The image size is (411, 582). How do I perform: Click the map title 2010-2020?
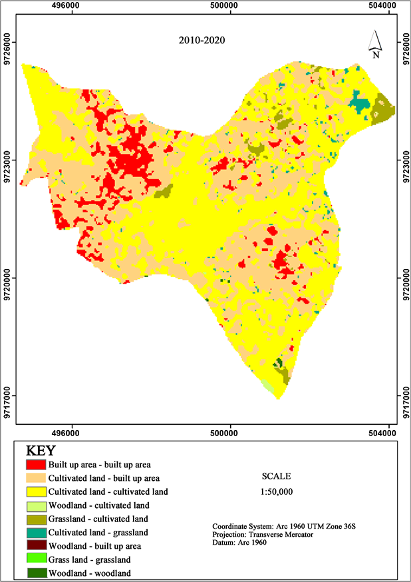202,40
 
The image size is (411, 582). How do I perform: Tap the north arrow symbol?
376,44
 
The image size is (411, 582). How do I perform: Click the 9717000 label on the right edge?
404,396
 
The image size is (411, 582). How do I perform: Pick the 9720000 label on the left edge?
7,278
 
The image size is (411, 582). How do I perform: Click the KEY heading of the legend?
41,451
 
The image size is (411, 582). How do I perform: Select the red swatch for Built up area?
35,464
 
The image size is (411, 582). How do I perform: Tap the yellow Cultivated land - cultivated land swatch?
35,491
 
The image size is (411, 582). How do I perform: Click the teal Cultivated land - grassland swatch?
35,532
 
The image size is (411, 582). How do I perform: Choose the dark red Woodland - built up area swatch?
35,545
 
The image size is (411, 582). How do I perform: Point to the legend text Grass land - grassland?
90,559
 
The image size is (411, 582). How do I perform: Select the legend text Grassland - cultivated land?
98,518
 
